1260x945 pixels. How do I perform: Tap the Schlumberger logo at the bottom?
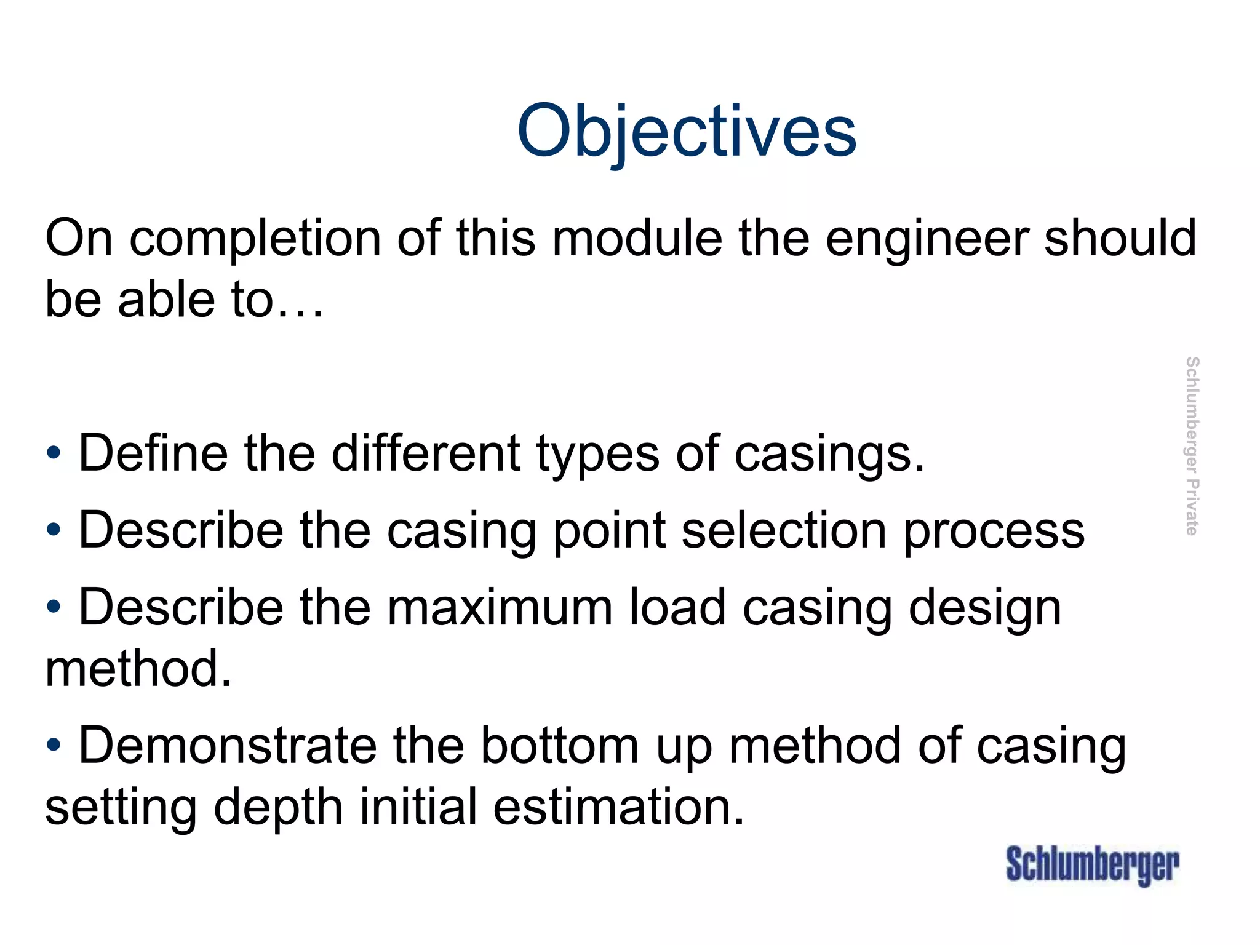tap(1093, 865)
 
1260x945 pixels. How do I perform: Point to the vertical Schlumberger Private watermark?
tap(1192, 446)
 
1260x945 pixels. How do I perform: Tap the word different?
tap(426, 454)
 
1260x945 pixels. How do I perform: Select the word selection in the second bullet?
tap(784, 530)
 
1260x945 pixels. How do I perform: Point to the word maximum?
tap(500, 608)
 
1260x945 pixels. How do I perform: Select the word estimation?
tap(619, 807)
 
